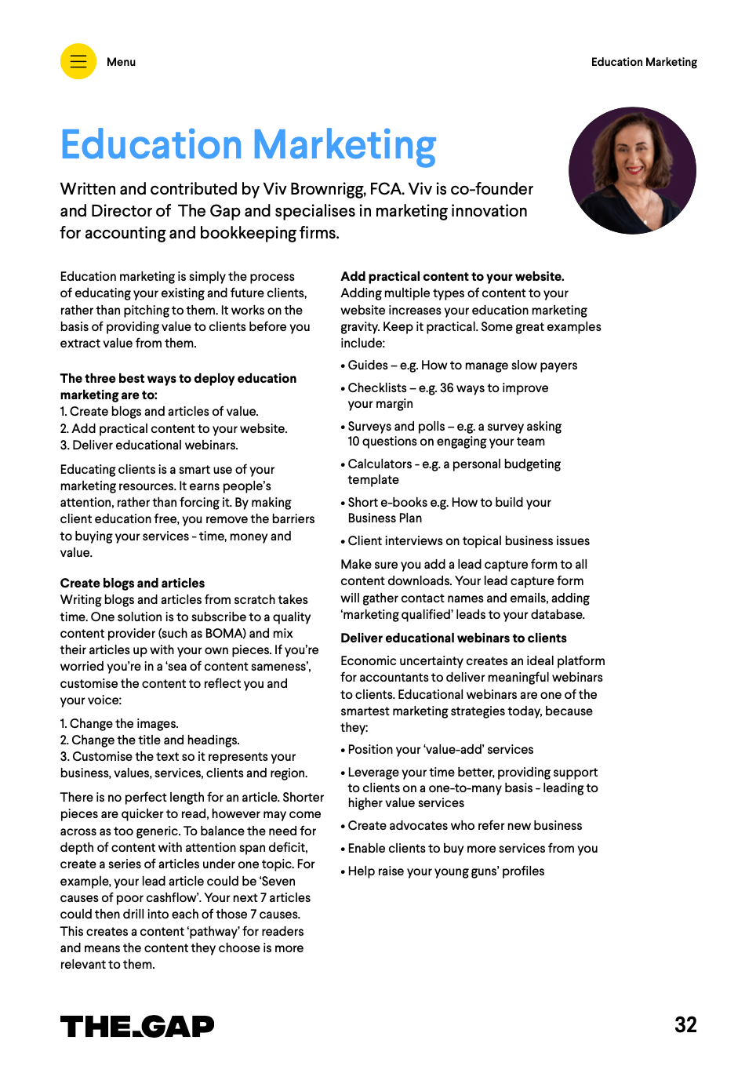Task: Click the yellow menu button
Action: pyautogui.click(x=78, y=61)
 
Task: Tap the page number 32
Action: pyautogui.click(x=685, y=1024)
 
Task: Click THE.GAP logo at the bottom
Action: pyautogui.click(x=137, y=1026)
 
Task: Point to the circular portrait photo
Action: pyautogui.click(x=632, y=170)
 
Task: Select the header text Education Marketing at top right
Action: pyautogui.click(x=644, y=62)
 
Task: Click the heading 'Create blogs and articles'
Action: pyautogui.click(x=133, y=583)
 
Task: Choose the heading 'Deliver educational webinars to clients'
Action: pyautogui.click(x=453, y=638)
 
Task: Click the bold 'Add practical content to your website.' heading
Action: pyautogui.click(x=453, y=276)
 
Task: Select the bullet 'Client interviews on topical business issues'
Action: pyautogui.click(x=468, y=540)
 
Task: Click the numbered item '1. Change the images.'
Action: pyautogui.click(x=119, y=723)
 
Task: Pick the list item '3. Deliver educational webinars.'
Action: pyautogui.click(x=149, y=445)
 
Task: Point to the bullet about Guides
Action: pyautogui.click(x=462, y=365)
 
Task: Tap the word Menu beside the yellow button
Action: pyautogui.click(x=121, y=62)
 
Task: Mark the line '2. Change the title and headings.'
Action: pyautogui.click(x=150, y=740)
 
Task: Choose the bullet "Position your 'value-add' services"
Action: pyautogui.click(x=440, y=749)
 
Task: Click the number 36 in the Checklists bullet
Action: pyautogui.click(x=446, y=387)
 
